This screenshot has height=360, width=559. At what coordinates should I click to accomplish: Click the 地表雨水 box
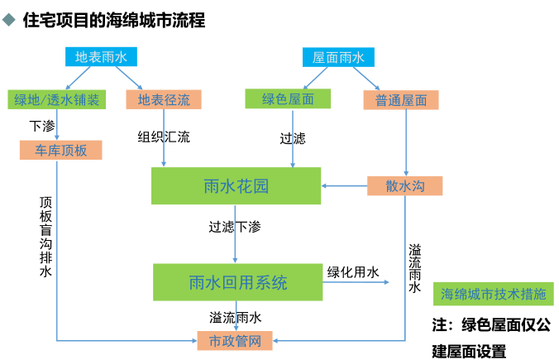102,57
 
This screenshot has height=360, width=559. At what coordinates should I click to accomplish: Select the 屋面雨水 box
338,57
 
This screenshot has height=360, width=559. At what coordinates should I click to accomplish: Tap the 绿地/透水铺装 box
56,100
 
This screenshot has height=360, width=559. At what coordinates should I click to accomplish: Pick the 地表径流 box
164,100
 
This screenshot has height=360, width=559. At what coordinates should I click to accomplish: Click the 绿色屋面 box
287,99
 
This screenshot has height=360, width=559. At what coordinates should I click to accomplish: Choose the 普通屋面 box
400,100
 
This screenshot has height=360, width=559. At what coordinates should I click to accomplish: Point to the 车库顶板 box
60,150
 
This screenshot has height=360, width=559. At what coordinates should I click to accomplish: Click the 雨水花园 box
236,186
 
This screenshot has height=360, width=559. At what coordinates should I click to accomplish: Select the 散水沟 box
404,186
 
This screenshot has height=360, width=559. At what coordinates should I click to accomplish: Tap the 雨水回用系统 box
237,282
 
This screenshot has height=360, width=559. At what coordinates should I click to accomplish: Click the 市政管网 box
235,340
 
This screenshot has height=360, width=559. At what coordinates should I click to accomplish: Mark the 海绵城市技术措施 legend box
494,294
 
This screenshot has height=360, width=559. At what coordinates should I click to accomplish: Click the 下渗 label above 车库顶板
42,126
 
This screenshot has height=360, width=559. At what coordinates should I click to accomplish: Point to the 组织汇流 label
164,137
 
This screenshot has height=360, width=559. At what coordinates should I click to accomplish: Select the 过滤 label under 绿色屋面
293,138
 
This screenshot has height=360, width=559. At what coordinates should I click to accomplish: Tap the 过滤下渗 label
235,225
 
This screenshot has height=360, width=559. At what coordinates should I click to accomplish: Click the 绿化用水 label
353,271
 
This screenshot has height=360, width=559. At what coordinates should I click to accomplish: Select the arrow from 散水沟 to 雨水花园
344,186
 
